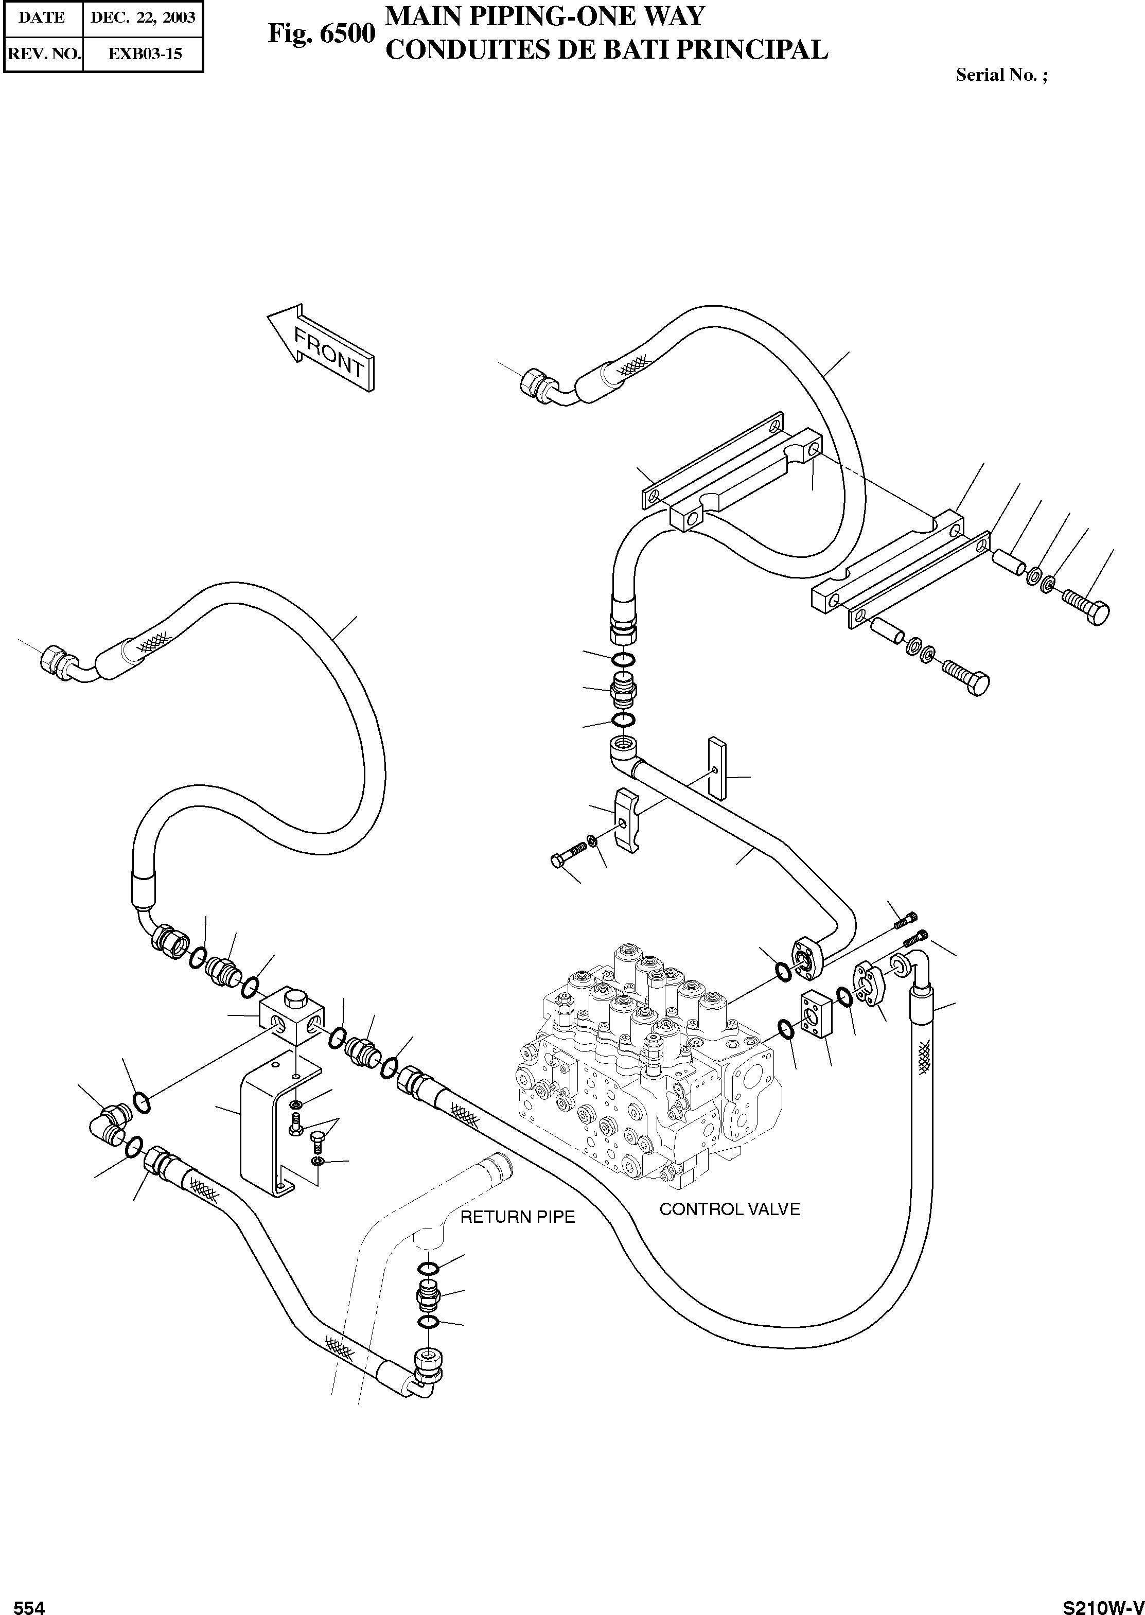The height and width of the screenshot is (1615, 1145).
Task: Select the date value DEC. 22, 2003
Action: tap(143, 17)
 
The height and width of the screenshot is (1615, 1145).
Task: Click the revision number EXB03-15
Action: tap(143, 54)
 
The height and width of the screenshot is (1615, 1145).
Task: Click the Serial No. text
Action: tap(1001, 75)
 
